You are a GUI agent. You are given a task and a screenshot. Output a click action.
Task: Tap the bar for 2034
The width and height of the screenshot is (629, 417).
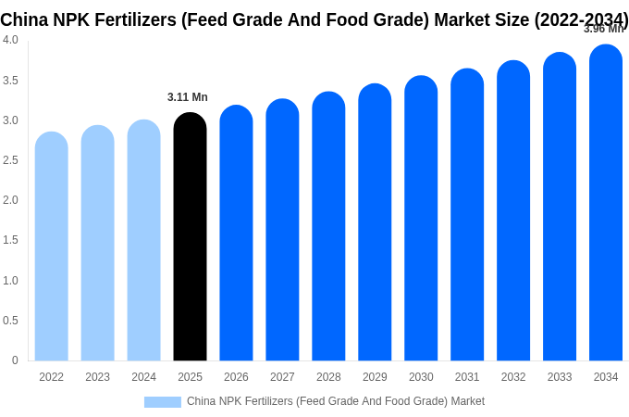pos(606,204)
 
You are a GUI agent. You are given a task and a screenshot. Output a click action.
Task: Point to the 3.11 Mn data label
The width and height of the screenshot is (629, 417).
pos(188,97)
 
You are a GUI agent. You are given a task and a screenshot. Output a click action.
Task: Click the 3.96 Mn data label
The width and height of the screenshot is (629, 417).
pos(603,29)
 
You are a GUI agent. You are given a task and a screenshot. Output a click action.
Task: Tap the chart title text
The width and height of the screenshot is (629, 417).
pos(314,19)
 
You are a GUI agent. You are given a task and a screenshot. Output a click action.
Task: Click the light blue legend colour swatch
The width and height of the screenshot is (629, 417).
pos(163,401)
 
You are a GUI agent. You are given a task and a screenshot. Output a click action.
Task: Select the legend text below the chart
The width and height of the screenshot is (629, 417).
pos(336,401)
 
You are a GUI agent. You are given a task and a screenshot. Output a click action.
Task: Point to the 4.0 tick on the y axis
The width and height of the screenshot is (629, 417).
pos(10,40)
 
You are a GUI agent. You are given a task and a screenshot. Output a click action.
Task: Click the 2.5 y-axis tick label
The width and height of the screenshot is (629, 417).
pos(10,160)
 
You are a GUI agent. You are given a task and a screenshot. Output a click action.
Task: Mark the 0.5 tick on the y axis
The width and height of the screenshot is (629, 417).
pos(10,321)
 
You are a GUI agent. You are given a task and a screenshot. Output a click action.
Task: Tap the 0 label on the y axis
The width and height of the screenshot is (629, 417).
pos(15,360)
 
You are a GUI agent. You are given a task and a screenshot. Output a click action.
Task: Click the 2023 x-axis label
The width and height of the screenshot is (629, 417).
pos(97,377)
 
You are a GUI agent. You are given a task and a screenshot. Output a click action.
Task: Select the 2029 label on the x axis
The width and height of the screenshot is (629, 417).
pos(375,377)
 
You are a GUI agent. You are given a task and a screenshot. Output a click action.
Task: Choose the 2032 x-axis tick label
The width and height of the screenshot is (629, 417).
pos(513,377)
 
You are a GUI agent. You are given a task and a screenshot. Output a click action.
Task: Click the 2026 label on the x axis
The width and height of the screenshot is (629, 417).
pos(236,377)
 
